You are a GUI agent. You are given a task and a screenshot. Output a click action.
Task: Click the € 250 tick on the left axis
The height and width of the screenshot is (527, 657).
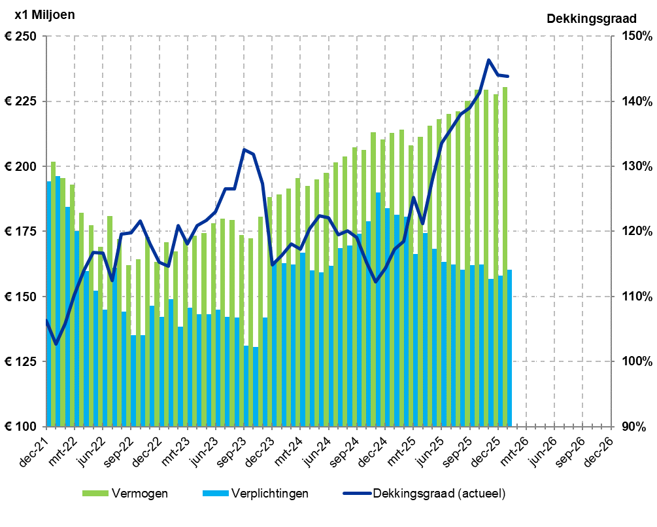[x=21, y=37]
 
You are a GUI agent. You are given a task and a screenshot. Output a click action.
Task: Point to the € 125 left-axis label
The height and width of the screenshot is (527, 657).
[x=21, y=362]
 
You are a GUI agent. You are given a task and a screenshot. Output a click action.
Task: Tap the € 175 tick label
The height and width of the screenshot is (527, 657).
[x=21, y=232]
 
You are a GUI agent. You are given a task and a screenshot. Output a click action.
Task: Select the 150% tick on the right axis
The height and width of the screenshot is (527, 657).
[x=633, y=37]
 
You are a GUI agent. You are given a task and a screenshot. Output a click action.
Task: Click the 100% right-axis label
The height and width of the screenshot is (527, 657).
[x=633, y=362]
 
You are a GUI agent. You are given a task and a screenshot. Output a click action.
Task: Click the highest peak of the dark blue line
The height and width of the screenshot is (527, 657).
[x=488, y=60]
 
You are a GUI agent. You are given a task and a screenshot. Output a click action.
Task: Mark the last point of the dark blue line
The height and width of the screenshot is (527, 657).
[x=508, y=77]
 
